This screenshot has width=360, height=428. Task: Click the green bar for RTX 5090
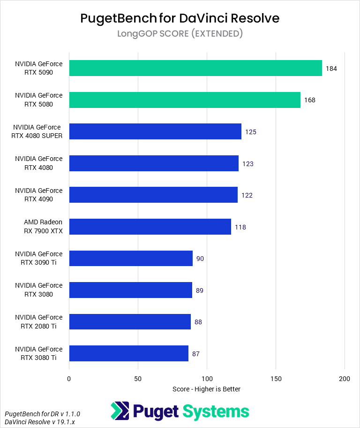pyautogui.click(x=195, y=68)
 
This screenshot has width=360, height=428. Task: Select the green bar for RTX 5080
pyautogui.click(x=185, y=100)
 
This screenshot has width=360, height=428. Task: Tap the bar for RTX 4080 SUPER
pyautogui.click(x=155, y=131)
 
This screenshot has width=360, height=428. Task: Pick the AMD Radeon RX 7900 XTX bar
pyautogui.click(x=150, y=227)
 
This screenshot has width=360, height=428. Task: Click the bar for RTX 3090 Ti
pyautogui.click(x=131, y=259)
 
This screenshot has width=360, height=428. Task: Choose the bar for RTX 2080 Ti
pyautogui.click(x=130, y=322)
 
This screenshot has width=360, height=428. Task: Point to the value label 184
pyautogui.click(x=331, y=69)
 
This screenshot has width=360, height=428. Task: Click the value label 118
pyautogui.click(x=240, y=227)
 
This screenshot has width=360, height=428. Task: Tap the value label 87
pyautogui.click(x=196, y=354)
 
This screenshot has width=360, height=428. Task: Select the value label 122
pyautogui.click(x=247, y=195)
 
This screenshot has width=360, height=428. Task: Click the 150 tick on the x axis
pyautogui.click(x=276, y=378)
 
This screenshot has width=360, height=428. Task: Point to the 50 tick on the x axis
pyautogui.click(x=138, y=378)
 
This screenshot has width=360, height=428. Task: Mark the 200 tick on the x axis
pyautogui.click(x=345, y=378)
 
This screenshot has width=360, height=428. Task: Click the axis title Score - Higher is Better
pyautogui.click(x=207, y=389)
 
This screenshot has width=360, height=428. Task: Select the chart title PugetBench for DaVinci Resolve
pyautogui.click(x=180, y=18)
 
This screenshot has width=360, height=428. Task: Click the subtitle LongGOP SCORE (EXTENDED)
pyautogui.click(x=180, y=33)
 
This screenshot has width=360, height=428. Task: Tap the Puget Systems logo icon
pyautogui.click(x=120, y=411)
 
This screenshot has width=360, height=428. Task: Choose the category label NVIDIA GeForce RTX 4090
pyautogui.click(x=38, y=195)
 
